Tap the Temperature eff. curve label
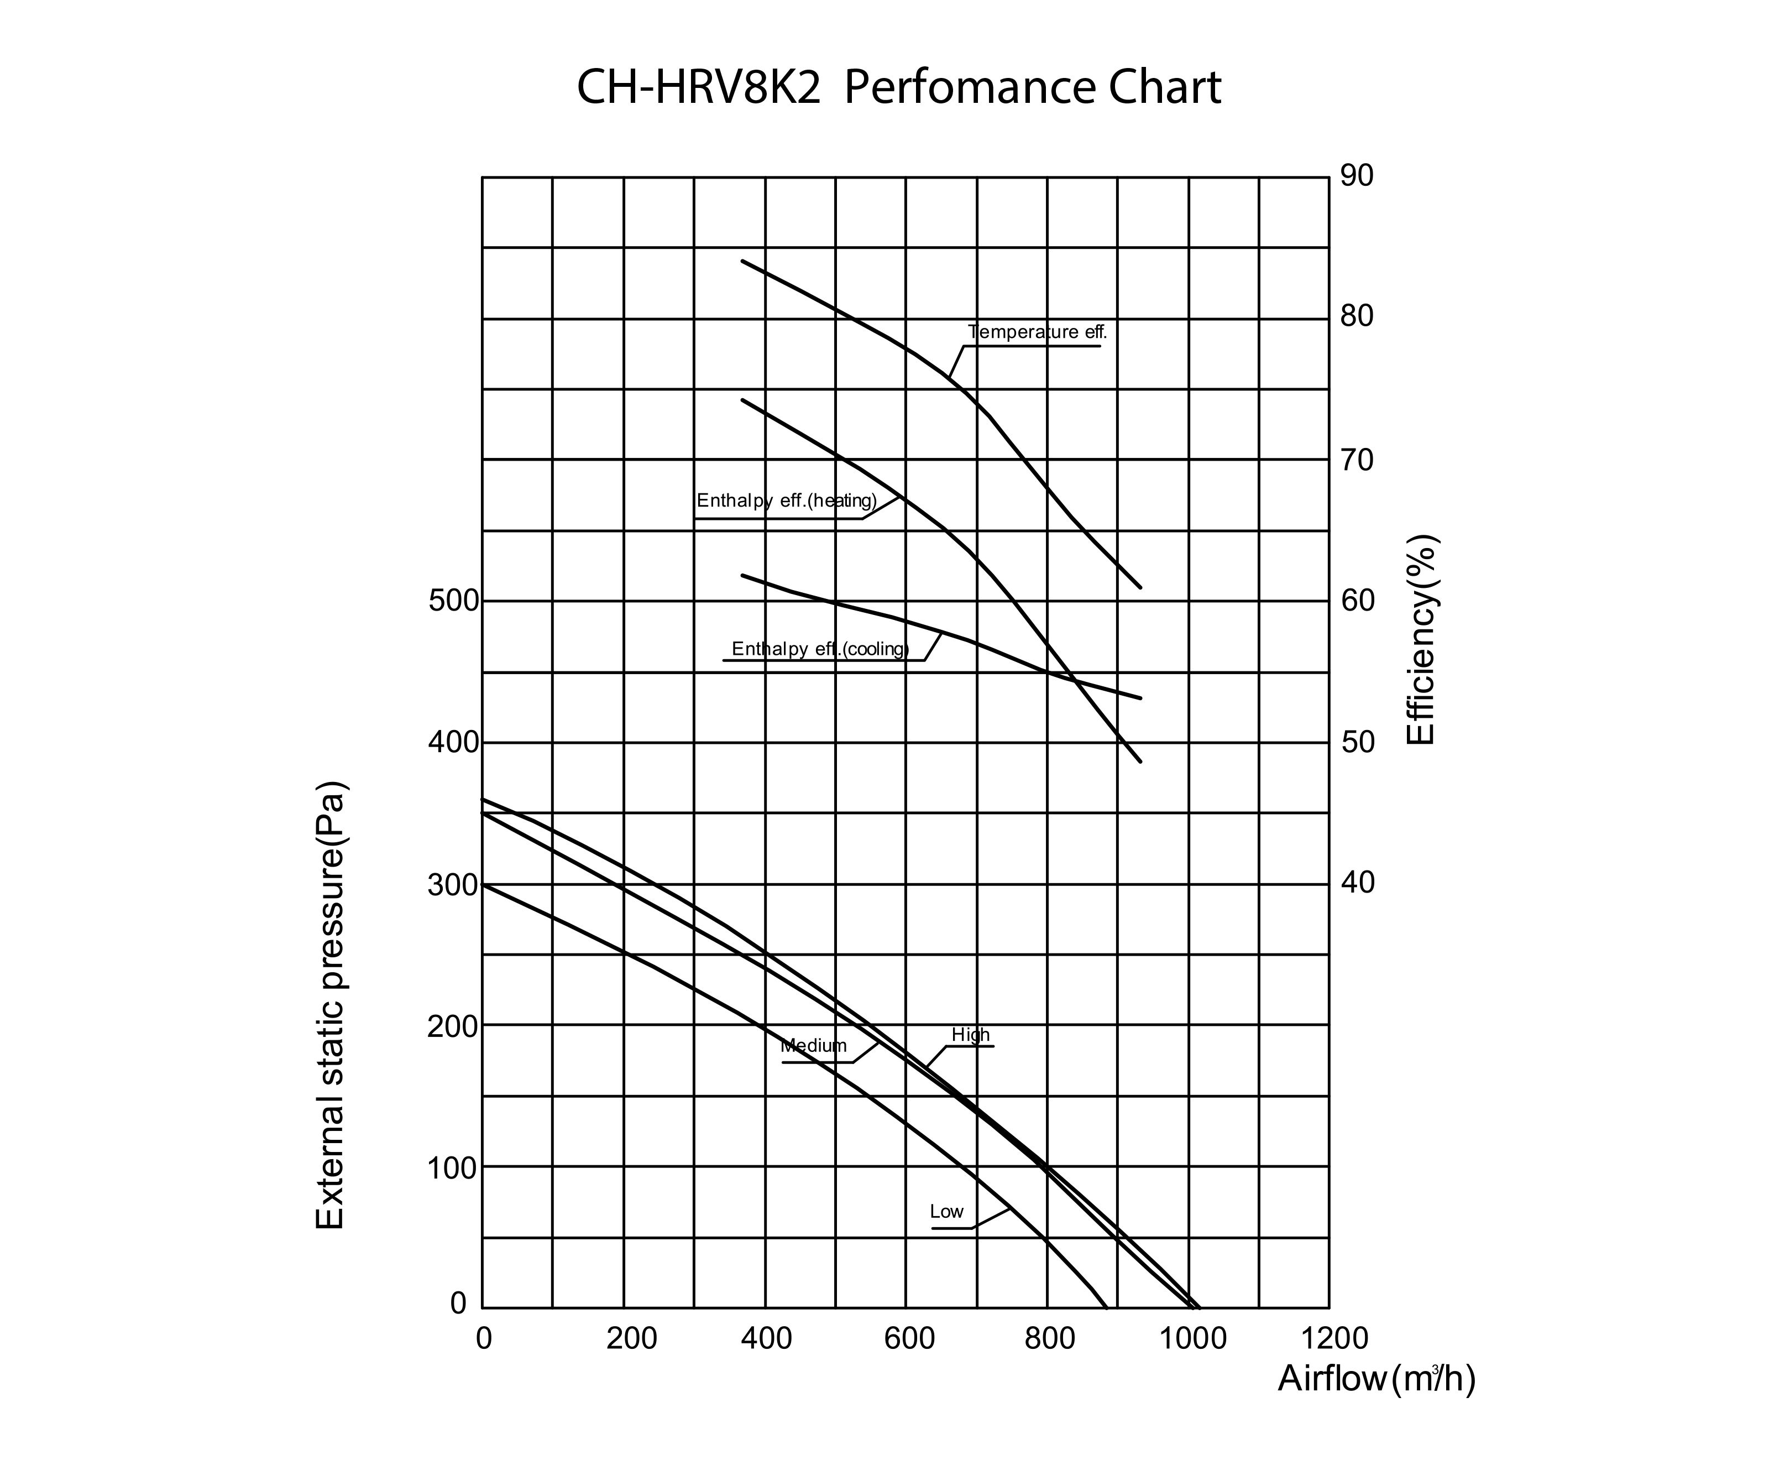click(1037, 332)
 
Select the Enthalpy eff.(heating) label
click(786, 501)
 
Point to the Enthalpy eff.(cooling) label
click(820, 649)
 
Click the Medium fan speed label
click(813, 1046)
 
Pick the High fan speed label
click(970, 1035)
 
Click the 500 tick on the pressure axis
click(453, 602)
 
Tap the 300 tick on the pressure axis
click(453, 885)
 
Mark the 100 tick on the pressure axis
click(453, 1169)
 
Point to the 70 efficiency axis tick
click(1357, 461)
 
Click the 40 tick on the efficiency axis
click(1357, 883)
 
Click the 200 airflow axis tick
click(631, 1339)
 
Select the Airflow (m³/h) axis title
click(1376, 1379)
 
